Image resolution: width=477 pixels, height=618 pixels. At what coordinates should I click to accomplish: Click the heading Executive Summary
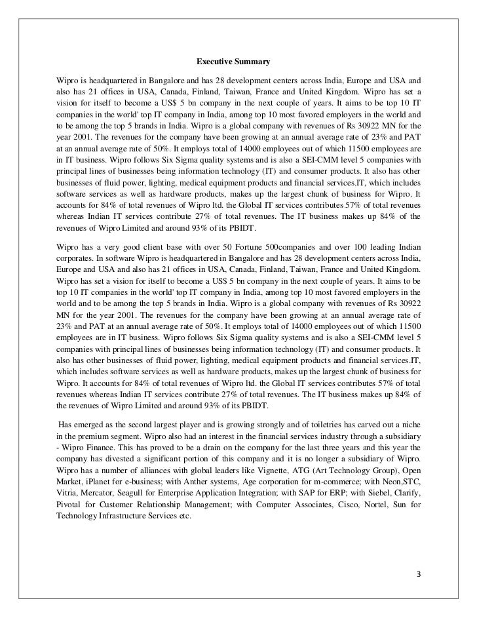tap(233, 63)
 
